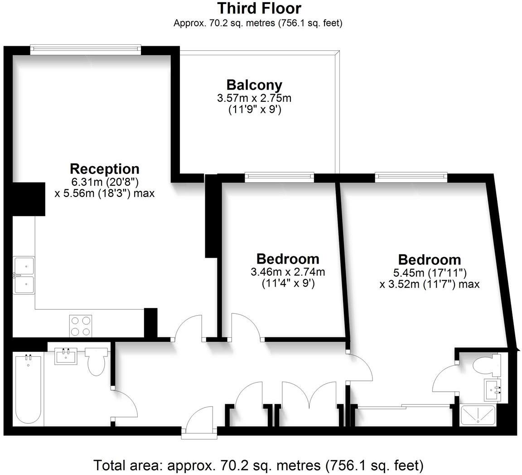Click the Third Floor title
click(x=259, y=8)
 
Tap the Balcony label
click(x=254, y=85)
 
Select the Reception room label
click(x=104, y=169)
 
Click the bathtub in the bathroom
click(x=28, y=389)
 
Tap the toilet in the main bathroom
click(x=97, y=360)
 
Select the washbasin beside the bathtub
click(x=66, y=356)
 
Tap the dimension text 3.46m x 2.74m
click(x=288, y=272)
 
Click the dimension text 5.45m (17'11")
click(x=429, y=273)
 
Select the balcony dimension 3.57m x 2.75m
click(x=254, y=98)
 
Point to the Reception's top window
click(x=86, y=47)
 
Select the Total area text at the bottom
click(x=258, y=465)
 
